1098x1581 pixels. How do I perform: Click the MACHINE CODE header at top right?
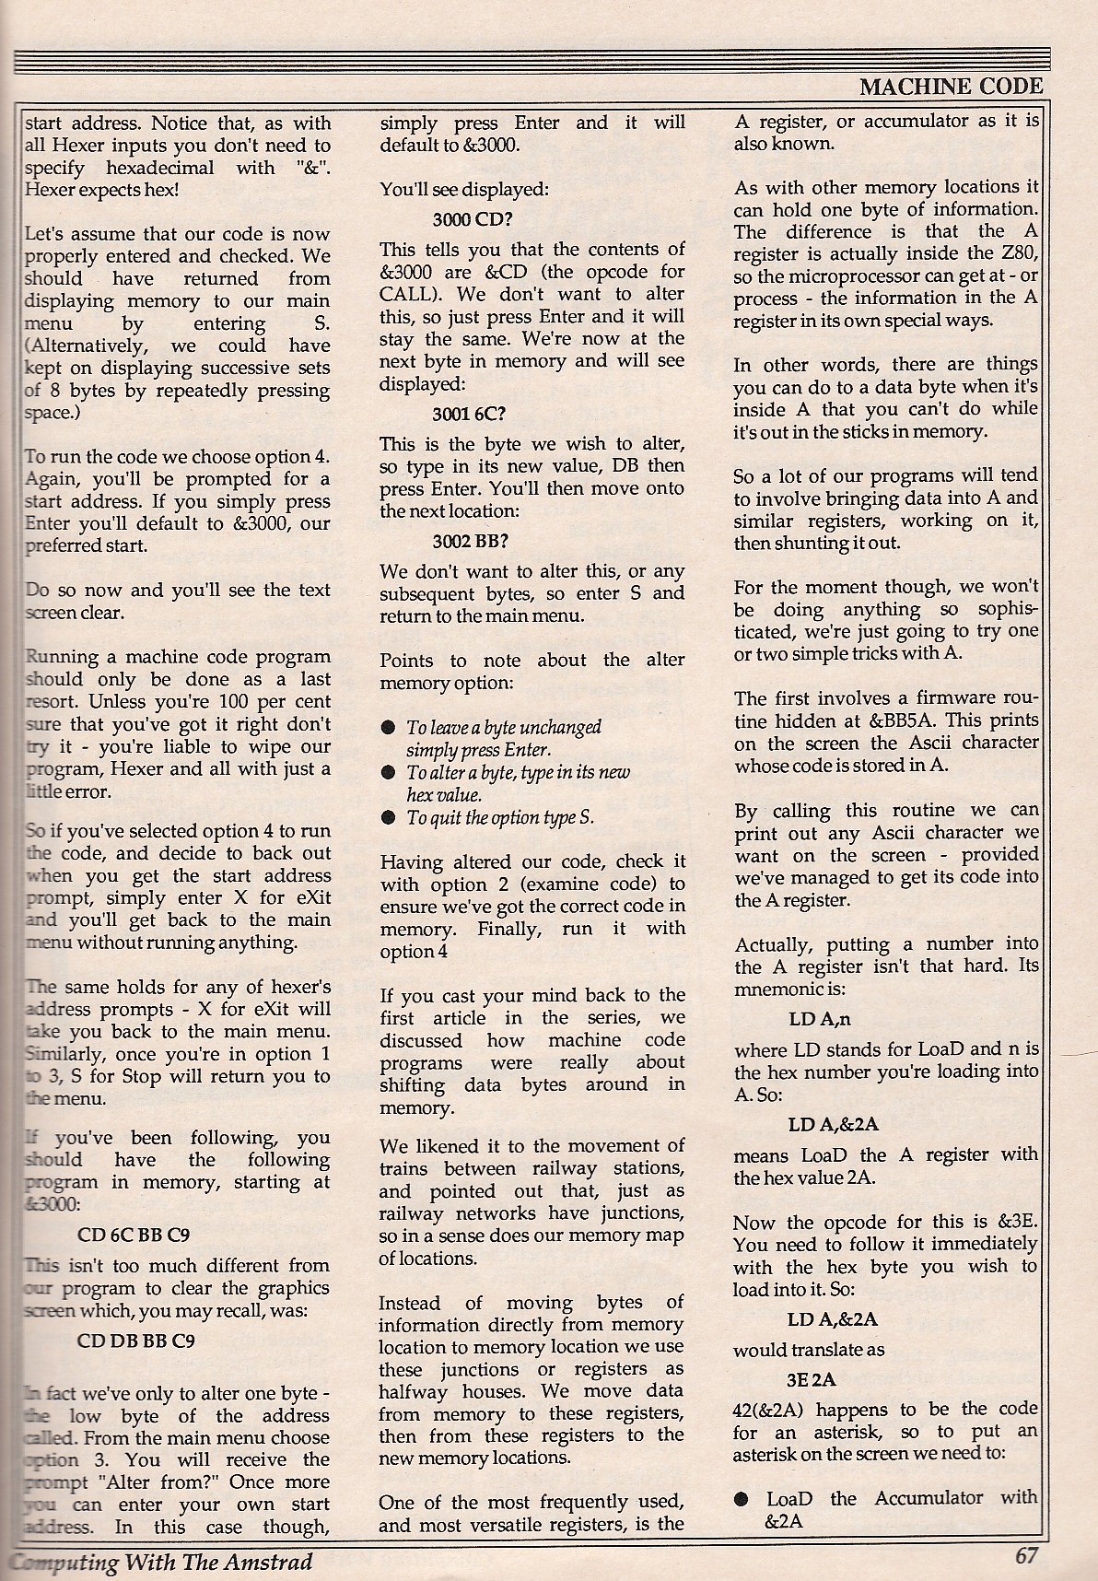tap(951, 87)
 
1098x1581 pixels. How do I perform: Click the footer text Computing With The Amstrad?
tap(162, 1562)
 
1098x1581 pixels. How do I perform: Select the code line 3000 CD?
tap(473, 220)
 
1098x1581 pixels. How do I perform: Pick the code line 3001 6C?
tap(472, 414)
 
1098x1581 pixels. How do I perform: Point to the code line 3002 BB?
tap(472, 541)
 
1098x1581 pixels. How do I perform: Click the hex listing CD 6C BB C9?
tap(134, 1235)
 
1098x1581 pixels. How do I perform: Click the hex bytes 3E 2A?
tap(811, 1379)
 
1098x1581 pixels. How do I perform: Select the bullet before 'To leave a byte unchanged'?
tap(389, 728)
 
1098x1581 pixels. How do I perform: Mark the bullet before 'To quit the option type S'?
tap(389, 818)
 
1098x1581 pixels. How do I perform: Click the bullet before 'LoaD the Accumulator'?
tap(742, 1499)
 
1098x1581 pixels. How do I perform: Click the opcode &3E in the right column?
tap(1019, 1223)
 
